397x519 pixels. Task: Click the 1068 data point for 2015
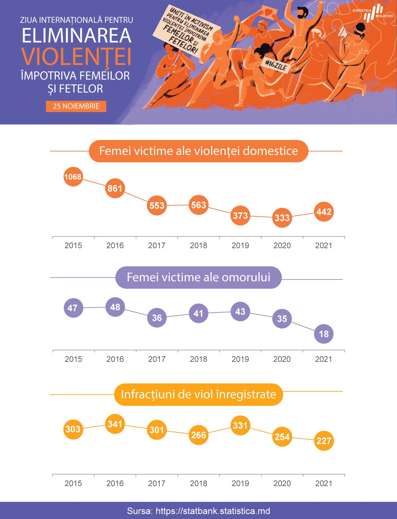[73, 177]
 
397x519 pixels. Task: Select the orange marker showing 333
[282, 218]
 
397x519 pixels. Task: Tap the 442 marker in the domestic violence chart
[324, 212]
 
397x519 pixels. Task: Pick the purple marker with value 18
[324, 334]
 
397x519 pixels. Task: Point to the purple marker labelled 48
[115, 307]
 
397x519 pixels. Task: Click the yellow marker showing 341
[115, 424]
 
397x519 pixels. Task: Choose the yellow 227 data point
[324, 441]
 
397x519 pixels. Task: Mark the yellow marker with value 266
[198, 435]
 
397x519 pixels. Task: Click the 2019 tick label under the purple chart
[240, 359]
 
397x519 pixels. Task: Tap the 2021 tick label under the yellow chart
[324, 483]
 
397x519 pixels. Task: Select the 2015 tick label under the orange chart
[73, 245]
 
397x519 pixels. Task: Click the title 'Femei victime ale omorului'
[198, 278]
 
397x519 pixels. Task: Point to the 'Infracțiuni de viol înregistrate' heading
[198, 394]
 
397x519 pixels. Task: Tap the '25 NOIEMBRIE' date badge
[76, 106]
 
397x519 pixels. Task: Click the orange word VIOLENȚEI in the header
[77, 56]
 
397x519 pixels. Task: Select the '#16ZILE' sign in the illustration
[275, 65]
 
